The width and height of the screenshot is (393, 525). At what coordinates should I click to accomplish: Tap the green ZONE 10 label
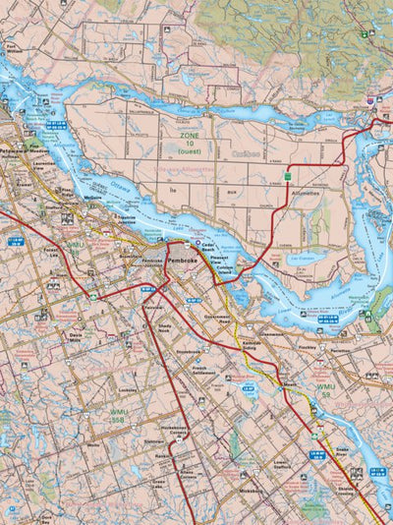tap(188, 137)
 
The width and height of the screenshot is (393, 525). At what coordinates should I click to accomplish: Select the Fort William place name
tap(11, 47)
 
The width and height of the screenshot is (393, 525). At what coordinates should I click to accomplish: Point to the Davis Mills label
tap(77, 337)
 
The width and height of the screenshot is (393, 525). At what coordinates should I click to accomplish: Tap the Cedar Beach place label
tap(204, 247)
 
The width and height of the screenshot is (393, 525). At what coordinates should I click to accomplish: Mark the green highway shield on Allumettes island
tap(288, 176)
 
